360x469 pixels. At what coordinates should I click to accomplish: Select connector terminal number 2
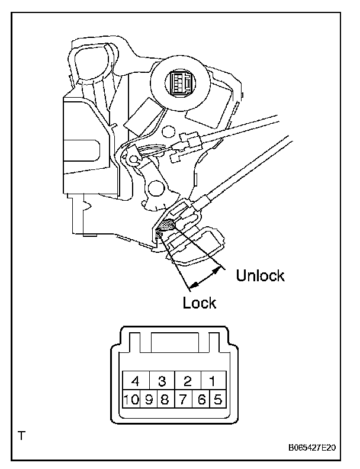[x=188, y=381]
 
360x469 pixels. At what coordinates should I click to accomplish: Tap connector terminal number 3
[x=161, y=381]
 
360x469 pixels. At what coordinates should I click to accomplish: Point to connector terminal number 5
[x=217, y=399]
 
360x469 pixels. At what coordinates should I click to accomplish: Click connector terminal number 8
[x=165, y=399]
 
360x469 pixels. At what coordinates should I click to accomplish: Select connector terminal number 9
[x=149, y=399]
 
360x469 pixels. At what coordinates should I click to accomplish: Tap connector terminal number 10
[x=131, y=399]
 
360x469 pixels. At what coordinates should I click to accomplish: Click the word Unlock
[x=261, y=276]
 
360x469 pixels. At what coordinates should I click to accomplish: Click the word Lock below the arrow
[x=200, y=303]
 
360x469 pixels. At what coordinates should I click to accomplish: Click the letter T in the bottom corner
[x=22, y=438]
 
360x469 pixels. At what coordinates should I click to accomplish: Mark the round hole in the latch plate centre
[x=155, y=188]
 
